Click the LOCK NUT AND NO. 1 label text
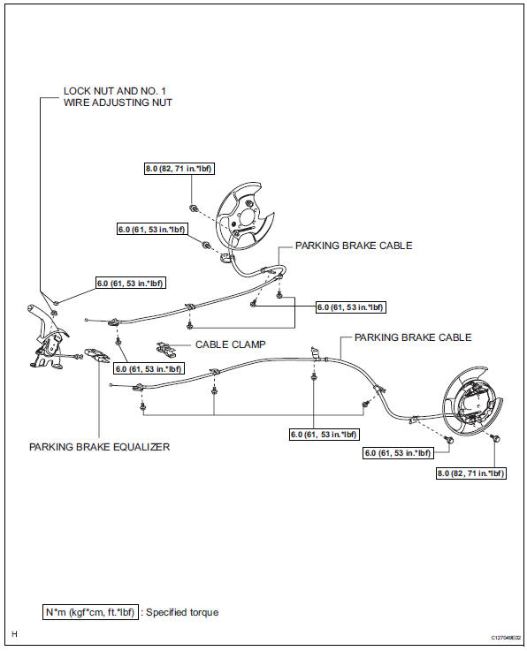[x=114, y=91]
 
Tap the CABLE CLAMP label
[x=230, y=344]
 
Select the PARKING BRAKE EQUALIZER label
[x=99, y=447]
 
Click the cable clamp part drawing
[x=166, y=350]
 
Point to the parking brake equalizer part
[x=97, y=356]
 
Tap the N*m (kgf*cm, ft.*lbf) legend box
[x=90, y=612]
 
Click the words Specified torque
[x=182, y=612]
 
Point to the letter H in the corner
[x=14, y=634]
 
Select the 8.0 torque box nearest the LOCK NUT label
[x=179, y=169]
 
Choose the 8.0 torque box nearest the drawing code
[x=471, y=473]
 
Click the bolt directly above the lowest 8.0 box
[x=494, y=437]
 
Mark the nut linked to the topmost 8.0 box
[x=194, y=208]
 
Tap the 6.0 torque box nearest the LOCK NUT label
[x=130, y=284]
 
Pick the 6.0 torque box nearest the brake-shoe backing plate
[x=398, y=452]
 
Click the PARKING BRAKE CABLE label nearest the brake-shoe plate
[x=413, y=337]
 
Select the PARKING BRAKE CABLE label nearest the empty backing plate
[x=354, y=246]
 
